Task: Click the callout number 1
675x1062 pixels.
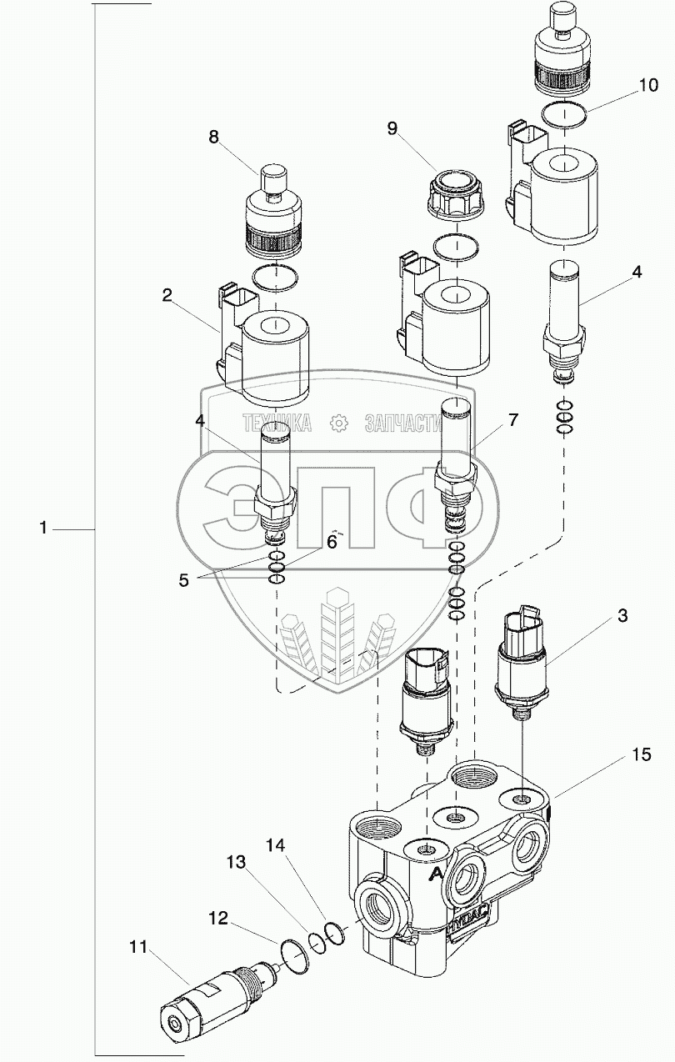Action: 43,528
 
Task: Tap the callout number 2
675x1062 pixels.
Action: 167,296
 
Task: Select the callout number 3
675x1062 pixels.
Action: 622,616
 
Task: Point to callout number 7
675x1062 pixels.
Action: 512,420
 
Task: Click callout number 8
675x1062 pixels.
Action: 214,138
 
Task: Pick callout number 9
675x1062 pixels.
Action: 392,129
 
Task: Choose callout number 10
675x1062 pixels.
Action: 648,86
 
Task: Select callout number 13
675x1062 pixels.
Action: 236,862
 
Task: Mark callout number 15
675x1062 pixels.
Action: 642,754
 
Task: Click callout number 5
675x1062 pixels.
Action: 184,580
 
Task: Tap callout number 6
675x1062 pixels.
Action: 332,542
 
